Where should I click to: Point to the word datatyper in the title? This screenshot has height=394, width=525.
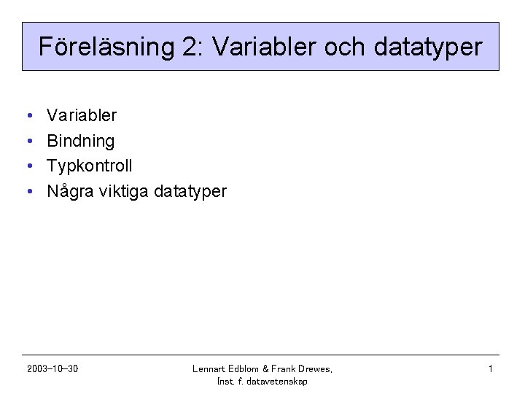coord(427,48)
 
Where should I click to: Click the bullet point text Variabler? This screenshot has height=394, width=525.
coord(81,115)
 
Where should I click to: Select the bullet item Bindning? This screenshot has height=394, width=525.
coord(80,141)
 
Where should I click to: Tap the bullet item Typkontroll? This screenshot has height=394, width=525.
coord(89,166)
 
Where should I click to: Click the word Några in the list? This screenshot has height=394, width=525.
coord(68,192)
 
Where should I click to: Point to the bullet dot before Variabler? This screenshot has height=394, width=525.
coord(27,116)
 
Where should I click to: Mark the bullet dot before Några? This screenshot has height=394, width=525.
coord(27,193)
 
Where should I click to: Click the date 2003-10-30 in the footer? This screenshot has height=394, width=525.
coord(52,369)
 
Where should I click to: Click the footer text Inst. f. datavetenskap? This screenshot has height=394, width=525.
coord(262,382)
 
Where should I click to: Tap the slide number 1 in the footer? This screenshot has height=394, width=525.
coord(491,369)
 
